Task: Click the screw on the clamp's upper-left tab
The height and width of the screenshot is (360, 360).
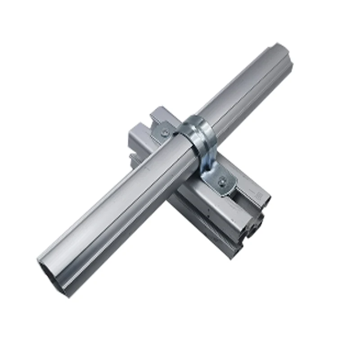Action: point(166,132)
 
